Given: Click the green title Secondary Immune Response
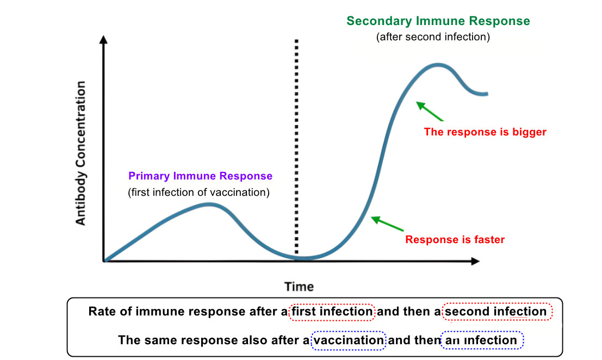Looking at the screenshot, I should [x=438, y=21].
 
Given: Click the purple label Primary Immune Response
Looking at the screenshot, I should [x=200, y=176].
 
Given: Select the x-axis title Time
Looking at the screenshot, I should [x=299, y=287].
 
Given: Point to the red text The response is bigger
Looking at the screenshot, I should [x=485, y=132].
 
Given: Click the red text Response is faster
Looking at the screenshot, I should [x=455, y=239].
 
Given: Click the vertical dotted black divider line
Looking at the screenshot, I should [x=296, y=147].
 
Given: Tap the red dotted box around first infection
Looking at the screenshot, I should [x=332, y=312].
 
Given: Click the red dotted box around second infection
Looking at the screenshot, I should [x=498, y=312].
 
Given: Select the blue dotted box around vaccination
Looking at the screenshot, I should [x=349, y=340].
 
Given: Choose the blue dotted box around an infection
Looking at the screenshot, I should [x=481, y=340].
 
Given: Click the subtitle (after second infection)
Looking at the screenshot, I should [x=433, y=38].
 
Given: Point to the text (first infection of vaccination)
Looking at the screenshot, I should [x=198, y=193].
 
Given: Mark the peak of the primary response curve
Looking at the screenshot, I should [x=209, y=204].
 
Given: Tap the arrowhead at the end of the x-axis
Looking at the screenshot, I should [x=475, y=261].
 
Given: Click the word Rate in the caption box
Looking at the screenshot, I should [x=100, y=312].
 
